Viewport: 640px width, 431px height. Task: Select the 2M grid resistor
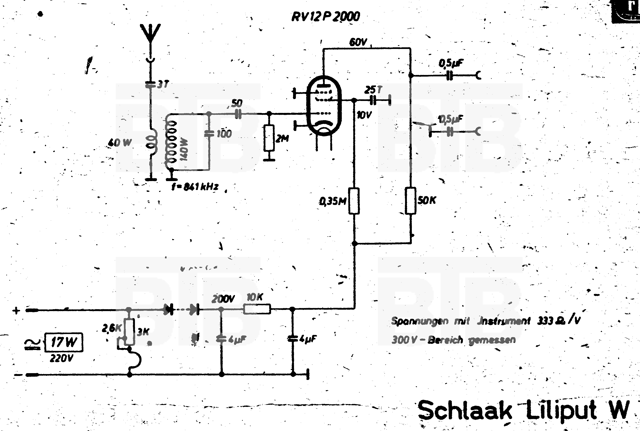pyautogui.click(x=269, y=138)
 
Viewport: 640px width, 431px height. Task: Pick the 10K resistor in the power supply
pyautogui.click(x=257, y=309)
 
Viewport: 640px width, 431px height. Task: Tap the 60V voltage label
pyautogui.click(x=358, y=42)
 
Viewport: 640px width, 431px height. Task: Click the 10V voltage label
pyautogui.click(x=364, y=115)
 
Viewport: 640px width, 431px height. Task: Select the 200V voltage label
pyautogui.click(x=223, y=299)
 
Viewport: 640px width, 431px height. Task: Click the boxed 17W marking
pyautogui.click(x=64, y=342)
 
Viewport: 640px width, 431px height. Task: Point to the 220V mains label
pyautogui.click(x=61, y=358)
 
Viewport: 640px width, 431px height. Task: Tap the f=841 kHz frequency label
pyautogui.click(x=195, y=187)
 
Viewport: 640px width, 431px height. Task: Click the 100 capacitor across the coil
pyautogui.click(x=209, y=134)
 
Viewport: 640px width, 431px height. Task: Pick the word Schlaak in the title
pyautogui.click(x=465, y=410)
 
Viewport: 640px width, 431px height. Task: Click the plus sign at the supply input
pyautogui.click(x=16, y=311)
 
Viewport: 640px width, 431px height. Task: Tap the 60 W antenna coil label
pyautogui.click(x=120, y=143)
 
